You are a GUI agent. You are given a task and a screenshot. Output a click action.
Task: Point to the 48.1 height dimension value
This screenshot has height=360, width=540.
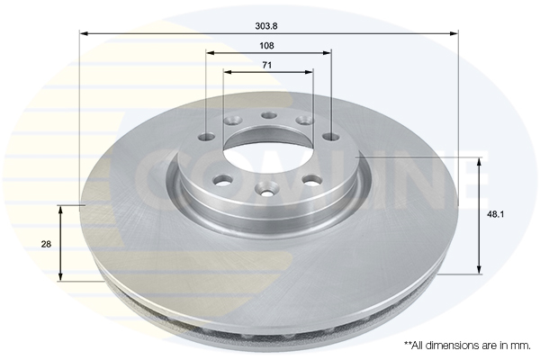(494, 215)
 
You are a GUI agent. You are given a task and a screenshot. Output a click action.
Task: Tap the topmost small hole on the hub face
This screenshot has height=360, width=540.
(268, 114)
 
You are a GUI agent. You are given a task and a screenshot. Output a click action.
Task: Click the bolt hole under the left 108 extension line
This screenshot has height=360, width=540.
(206, 138)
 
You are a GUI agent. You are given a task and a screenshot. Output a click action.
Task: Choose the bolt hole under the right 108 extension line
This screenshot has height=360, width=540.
(330, 138)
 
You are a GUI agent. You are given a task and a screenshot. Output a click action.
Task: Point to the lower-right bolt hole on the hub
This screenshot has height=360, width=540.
(312, 179)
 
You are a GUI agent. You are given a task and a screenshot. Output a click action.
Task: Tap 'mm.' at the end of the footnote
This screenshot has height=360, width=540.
(520, 345)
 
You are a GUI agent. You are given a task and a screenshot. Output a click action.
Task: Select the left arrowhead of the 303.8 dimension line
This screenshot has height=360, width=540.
(85, 34)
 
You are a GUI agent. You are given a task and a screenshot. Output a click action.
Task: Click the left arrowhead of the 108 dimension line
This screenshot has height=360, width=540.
(210, 51)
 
